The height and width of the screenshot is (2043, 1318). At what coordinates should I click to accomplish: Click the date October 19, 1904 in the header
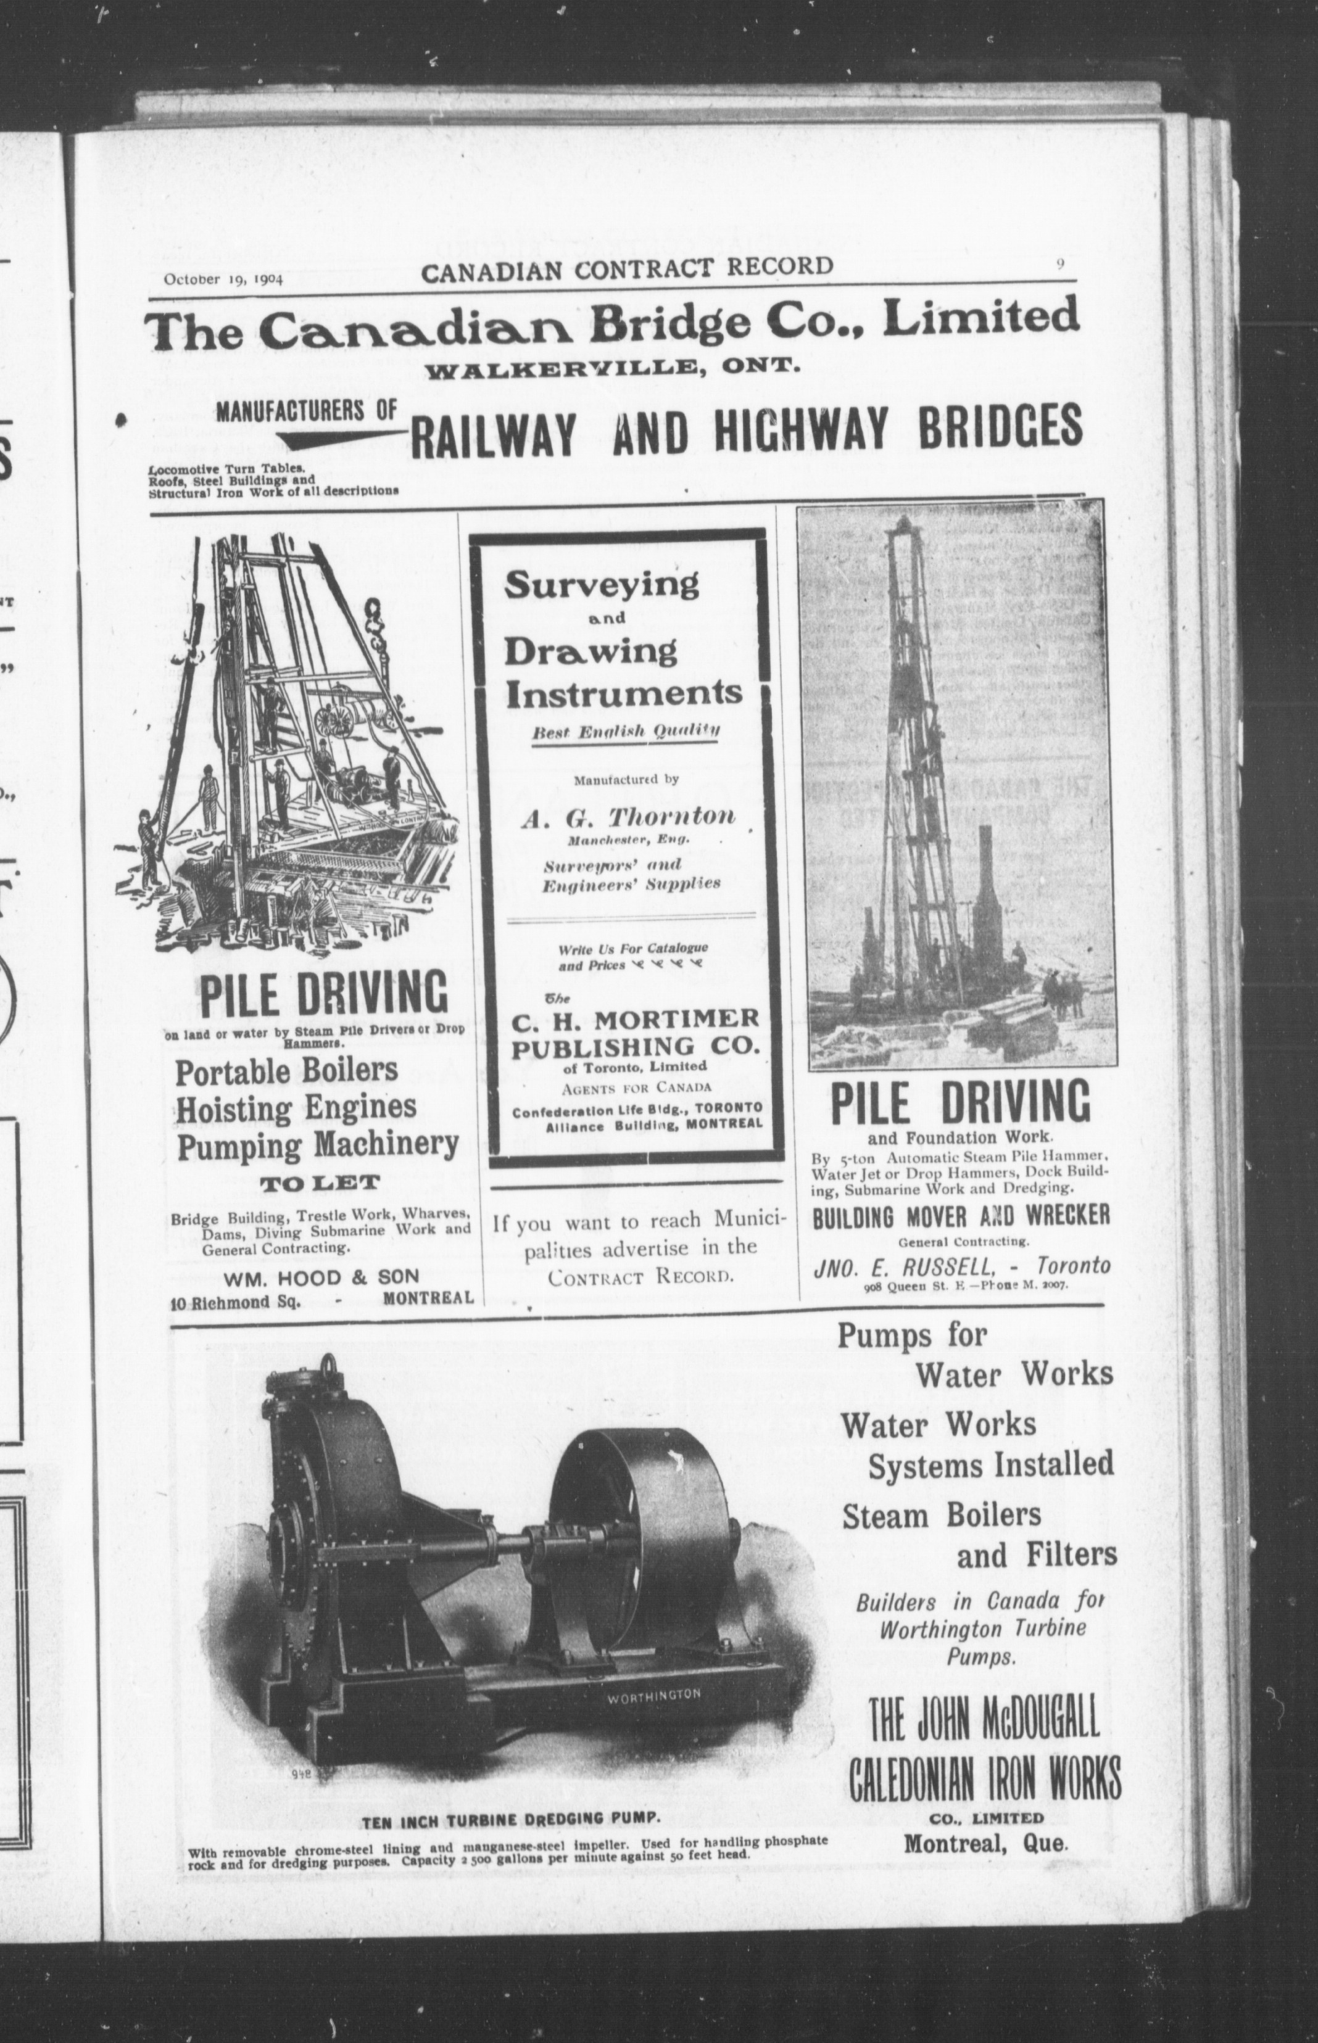223,278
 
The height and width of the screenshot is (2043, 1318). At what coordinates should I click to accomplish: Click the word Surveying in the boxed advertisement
601,585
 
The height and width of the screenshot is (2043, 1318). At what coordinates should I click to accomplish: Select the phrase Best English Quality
625,732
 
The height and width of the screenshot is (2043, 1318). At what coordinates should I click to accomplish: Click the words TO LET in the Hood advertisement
319,1184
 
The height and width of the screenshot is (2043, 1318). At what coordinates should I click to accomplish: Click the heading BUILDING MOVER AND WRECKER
961,1216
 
